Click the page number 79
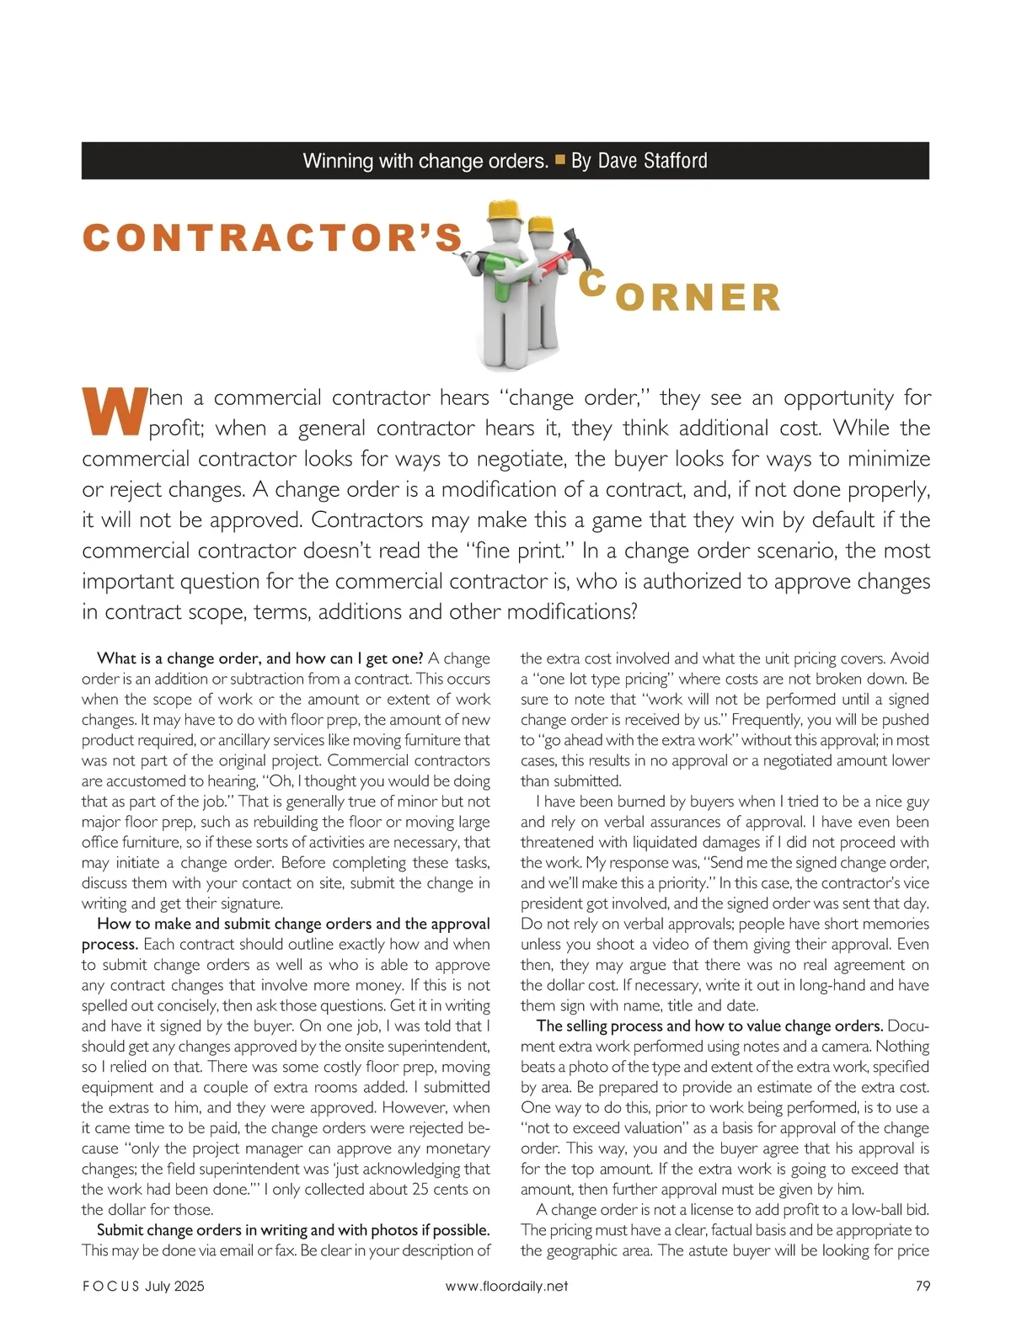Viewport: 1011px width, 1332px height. pos(922,1286)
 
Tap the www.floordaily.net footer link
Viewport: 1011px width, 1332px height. pos(506,1286)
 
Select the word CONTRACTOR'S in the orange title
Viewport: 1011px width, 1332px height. pos(273,237)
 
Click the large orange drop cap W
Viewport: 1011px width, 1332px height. pos(112,412)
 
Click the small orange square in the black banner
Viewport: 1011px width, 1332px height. pos(560,159)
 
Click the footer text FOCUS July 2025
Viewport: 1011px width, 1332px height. pos(143,1286)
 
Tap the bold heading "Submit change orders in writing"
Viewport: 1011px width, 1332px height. pos(293,1229)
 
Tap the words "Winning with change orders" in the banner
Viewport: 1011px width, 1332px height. pos(425,161)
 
